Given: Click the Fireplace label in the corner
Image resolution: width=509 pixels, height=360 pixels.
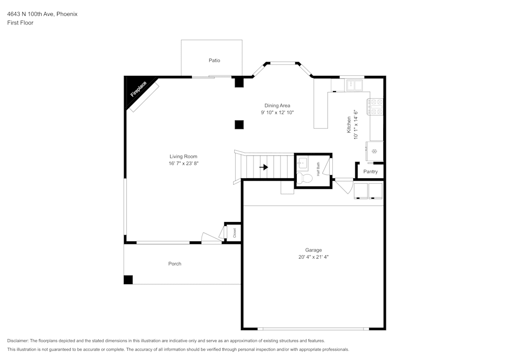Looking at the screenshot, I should (x=138, y=89).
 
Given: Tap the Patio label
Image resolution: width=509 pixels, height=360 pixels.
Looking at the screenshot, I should (x=214, y=61).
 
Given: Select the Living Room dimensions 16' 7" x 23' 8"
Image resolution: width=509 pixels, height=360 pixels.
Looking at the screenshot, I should (x=183, y=163).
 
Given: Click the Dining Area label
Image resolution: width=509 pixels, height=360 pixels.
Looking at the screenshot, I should (x=277, y=105).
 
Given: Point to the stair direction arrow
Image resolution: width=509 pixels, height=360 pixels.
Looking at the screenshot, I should (x=264, y=167).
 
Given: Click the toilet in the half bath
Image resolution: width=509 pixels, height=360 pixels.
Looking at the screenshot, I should (x=305, y=179).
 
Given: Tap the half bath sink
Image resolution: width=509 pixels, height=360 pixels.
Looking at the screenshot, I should (x=302, y=163).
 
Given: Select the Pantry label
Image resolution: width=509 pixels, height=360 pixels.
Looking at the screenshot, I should (x=371, y=172).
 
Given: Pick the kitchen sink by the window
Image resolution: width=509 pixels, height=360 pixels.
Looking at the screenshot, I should (x=355, y=85).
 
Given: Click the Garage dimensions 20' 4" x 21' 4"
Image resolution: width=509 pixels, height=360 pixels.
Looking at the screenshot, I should (x=314, y=257).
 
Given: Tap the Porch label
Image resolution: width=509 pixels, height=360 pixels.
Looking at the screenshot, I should (x=175, y=264).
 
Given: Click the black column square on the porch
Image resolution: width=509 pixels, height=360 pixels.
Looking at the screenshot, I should (x=128, y=280).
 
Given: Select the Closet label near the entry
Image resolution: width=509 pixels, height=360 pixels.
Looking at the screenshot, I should (x=235, y=233).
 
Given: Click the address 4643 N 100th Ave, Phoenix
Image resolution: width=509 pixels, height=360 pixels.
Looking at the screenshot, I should (x=42, y=14).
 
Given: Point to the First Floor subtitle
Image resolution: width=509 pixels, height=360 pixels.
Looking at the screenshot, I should (x=20, y=23).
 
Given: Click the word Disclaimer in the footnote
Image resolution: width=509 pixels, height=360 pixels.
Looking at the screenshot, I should (x=18, y=341).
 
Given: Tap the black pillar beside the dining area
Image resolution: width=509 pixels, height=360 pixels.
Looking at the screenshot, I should (x=239, y=124).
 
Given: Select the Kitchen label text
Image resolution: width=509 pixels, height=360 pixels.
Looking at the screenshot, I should (x=349, y=125).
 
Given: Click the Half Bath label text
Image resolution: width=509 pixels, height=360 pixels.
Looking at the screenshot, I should (x=318, y=169).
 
